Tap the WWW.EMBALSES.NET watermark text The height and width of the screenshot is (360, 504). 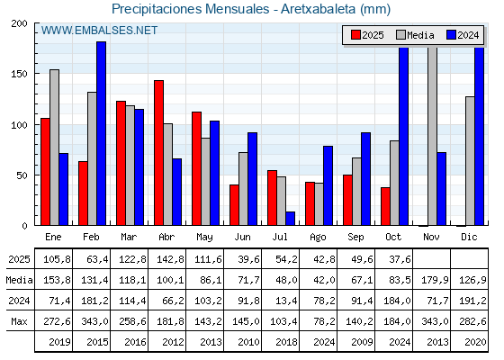coord(99,31)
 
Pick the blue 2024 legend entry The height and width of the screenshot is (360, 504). coord(462,35)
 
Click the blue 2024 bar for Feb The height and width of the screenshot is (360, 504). coord(102,133)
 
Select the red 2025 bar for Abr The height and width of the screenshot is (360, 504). coord(158,153)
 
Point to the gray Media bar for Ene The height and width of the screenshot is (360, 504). coord(54,148)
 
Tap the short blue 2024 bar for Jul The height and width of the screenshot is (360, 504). coord(291,219)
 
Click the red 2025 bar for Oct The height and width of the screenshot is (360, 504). coord(385,206)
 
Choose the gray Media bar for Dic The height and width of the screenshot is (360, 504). coord(470,161)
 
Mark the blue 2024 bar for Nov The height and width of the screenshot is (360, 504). coord(442,189)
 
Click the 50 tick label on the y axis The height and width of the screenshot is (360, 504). coord(24,175)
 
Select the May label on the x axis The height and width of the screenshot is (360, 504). coord(205,237)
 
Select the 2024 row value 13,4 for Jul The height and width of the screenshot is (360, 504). coord(284,301)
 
